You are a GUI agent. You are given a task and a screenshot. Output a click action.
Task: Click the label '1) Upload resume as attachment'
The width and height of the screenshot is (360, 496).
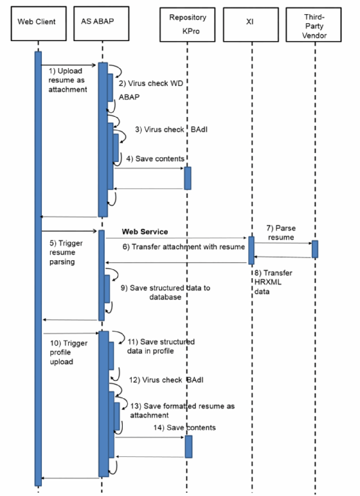click(69, 81)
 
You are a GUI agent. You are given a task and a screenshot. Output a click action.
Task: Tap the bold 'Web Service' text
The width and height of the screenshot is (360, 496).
click(145, 231)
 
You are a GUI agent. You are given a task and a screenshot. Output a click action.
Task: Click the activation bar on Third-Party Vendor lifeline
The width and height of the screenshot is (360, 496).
click(315, 249)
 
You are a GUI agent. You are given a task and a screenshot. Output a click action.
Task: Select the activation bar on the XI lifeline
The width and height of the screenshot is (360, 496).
click(251, 249)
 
